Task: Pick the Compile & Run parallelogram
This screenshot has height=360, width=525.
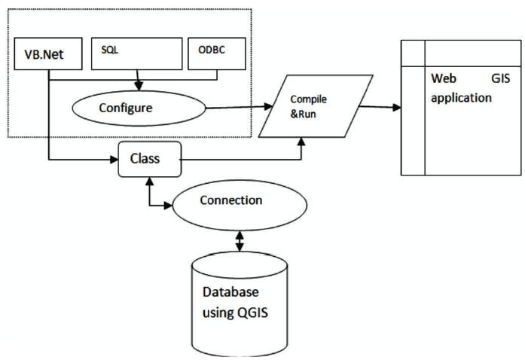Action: click(x=316, y=105)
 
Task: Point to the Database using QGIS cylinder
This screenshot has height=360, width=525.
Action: click(x=240, y=301)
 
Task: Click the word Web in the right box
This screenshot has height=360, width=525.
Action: click(x=443, y=78)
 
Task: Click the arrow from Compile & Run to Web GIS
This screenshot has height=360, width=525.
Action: click(x=380, y=106)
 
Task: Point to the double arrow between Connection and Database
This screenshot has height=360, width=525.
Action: click(x=240, y=240)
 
